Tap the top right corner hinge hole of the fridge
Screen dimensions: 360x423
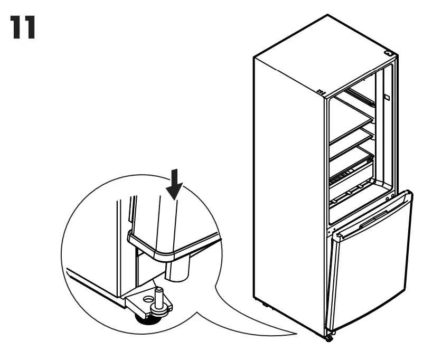pyautogui.click(x=390, y=53)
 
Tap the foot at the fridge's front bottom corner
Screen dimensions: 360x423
pyautogui.click(x=329, y=337)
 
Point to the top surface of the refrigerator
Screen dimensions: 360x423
pyautogui.click(x=322, y=53)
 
